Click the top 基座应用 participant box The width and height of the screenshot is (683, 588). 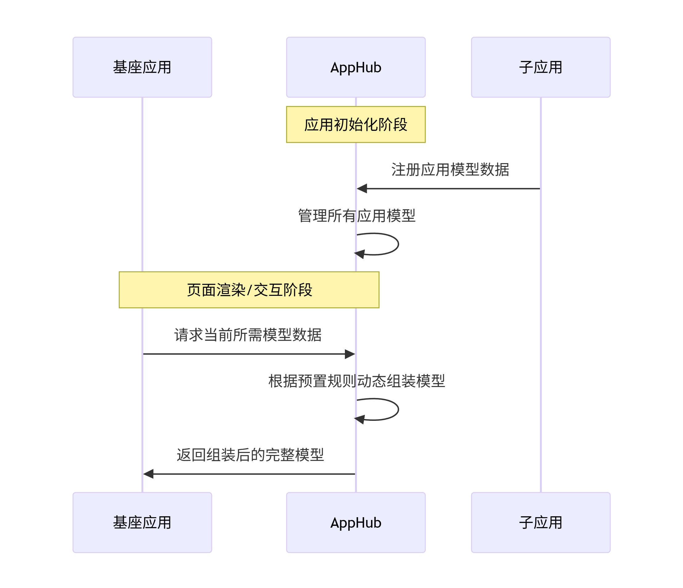142,67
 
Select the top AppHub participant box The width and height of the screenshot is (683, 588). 356,67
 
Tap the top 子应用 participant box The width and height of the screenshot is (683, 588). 541,67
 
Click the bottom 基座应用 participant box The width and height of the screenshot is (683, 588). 142,522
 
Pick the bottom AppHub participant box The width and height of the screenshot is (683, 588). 356,522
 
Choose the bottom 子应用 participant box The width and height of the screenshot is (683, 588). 541,522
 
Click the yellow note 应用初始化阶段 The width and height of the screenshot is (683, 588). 356,124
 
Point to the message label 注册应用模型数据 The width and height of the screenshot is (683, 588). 450,170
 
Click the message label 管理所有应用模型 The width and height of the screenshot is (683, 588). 356,215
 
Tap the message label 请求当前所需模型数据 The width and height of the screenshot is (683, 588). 248,335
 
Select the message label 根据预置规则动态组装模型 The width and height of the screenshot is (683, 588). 356,381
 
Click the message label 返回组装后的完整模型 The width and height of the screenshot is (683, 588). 250,455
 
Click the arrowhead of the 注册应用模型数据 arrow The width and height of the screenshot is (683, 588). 362,189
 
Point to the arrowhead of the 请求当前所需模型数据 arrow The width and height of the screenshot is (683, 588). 350,354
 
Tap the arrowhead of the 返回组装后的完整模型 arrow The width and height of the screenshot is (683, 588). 148,474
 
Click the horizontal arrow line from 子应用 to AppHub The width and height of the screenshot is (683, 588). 452,189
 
